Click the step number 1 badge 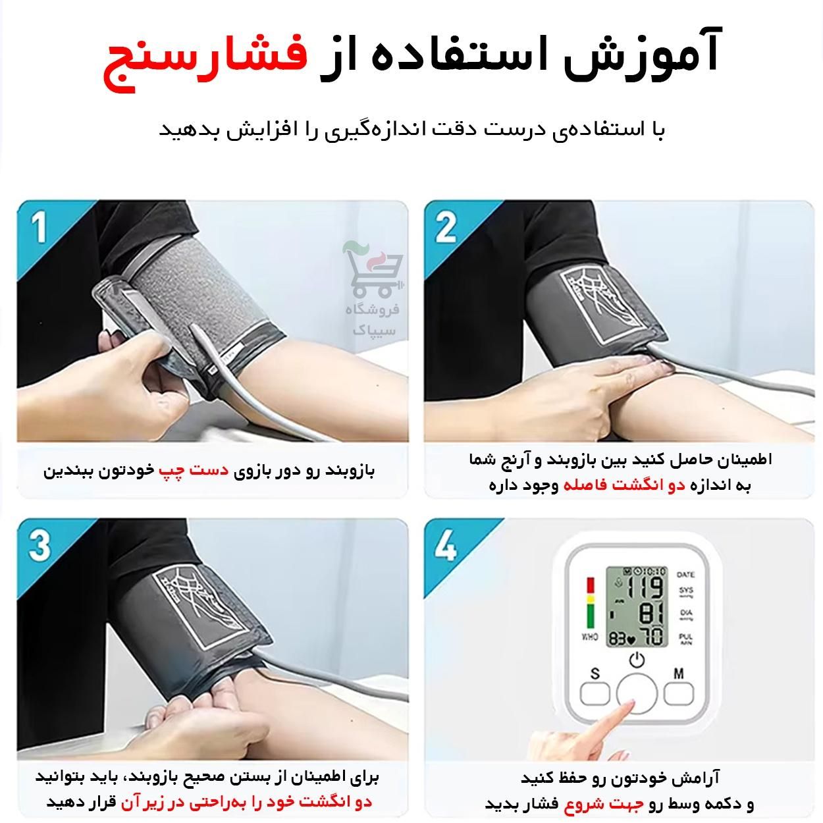pyautogui.click(x=39, y=228)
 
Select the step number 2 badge pyautogui.click(x=446, y=228)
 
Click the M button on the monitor pyautogui.click(x=679, y=692)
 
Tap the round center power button pyautogui.click(x=637, y=694)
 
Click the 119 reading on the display pyautogui.click(x=648, y=587)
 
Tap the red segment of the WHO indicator pyautogui.click(x=590, y=585)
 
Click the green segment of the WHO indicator pyautogui.click(x=590, y=616)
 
